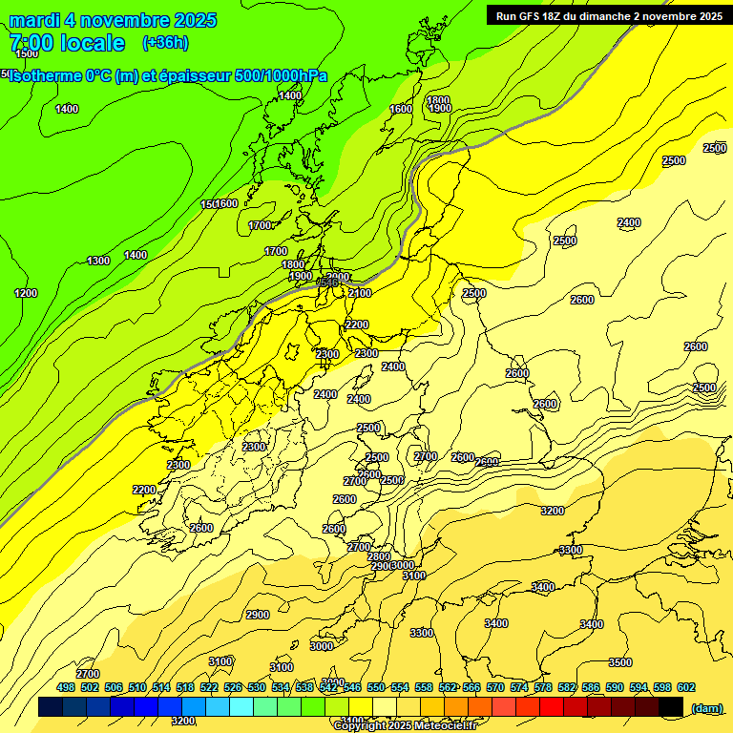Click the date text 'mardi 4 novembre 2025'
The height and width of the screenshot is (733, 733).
point(113,20)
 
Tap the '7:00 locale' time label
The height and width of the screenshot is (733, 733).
point(67,43)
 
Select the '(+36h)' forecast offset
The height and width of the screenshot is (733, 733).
point(165,43)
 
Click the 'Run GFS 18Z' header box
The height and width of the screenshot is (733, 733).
point(609,15)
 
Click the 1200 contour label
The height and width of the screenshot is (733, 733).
point(26,293)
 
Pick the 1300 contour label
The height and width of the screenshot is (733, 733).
point(98,262)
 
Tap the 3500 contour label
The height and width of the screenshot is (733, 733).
point(620,662)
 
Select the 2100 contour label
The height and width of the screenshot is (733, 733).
point(360,293)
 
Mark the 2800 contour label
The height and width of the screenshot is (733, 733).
point(379,556)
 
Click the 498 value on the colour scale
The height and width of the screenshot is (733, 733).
point(66,688)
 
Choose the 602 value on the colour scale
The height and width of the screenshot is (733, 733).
point(686,688)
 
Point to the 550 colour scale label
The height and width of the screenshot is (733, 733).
point(376,688)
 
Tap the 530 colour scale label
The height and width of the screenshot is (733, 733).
point(257,688)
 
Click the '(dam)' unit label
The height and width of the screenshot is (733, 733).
point(707,707)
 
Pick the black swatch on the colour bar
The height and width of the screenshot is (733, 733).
point(670,707)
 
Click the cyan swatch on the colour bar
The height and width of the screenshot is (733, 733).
point(241,707)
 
